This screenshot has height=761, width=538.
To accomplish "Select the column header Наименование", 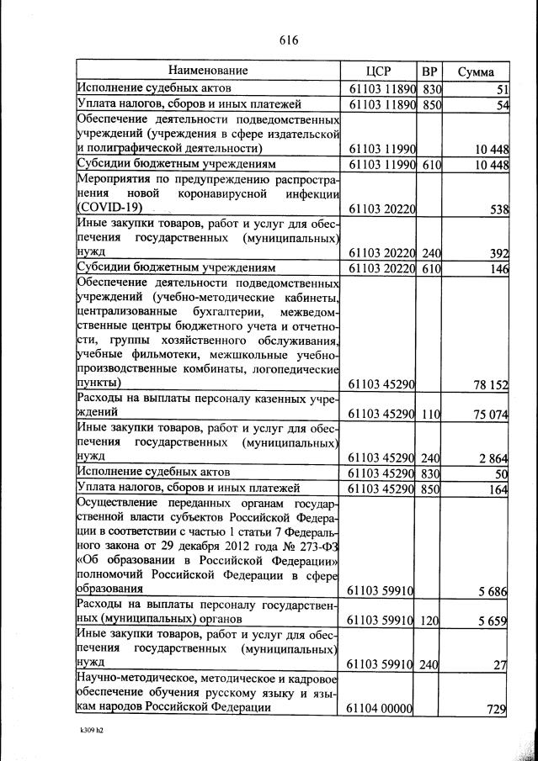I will (208, 71).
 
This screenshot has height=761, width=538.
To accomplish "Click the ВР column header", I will (429, 71).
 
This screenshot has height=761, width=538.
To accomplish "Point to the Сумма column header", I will (476, 71).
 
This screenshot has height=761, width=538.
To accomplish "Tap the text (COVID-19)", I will (110, 207).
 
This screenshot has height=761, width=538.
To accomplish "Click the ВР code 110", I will (430, 414).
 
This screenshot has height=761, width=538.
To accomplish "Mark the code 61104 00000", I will (379, 710).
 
